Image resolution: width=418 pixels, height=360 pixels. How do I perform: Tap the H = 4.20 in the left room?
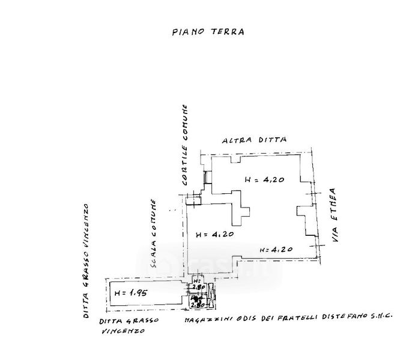tap(214, 235)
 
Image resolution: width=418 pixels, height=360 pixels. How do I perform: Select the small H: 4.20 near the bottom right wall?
tap(275, 248)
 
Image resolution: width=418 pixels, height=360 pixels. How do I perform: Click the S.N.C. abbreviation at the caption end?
tap(381, 323)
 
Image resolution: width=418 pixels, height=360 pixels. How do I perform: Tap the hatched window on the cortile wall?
tap(205, 178)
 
